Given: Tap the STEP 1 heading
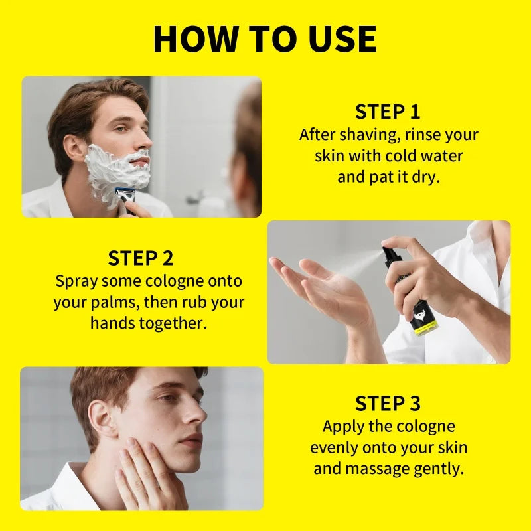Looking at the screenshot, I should (x=388, y=111).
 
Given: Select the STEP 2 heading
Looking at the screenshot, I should (x=141, y=258).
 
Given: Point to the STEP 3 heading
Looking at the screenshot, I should (x=388, y=403).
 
